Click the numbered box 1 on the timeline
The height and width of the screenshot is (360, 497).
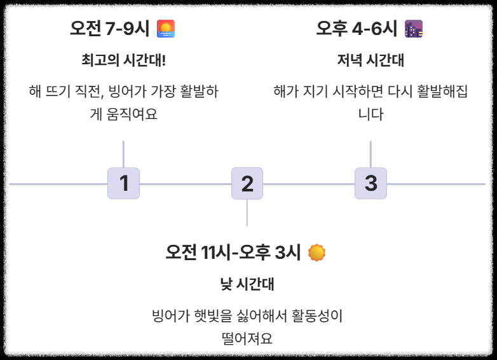click(123, 183)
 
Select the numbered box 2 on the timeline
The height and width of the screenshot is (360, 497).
click(247, 183)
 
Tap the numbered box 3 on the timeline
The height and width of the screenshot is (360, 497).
click(371, 183)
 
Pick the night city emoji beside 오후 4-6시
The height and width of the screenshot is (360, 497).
click(414, 29)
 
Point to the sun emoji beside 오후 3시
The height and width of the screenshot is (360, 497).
click(317, 253)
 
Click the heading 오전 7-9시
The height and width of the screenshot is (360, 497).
click(110, 29)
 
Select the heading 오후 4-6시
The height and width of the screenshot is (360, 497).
click(357, 29)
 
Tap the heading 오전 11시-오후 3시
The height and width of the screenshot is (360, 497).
click(233, 253)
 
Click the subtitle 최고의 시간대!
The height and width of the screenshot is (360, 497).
click(123, 60)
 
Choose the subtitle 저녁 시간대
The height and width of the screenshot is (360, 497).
click(371, 60)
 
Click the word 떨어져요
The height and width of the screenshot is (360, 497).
click(247, 338)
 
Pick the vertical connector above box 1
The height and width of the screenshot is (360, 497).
click(123, 153)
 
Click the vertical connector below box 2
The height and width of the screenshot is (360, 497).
click(247, 212)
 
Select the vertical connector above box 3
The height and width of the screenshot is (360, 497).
click(371, 153)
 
